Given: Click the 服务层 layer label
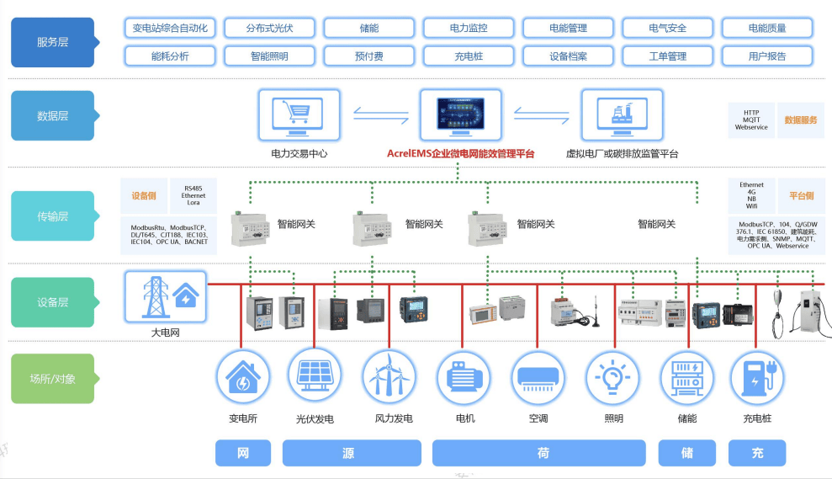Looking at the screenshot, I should (x=52, y=42).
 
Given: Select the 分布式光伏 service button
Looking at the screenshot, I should (x=269, y=28).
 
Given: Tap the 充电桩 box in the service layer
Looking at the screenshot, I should (x=469, y=56).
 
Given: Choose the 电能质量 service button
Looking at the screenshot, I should (x=766, y=28).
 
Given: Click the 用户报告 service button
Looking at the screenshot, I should (x=766, y=56).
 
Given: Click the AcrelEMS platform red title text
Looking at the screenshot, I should (x=460, y=154).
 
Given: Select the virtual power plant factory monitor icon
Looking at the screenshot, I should (x=622, y=116).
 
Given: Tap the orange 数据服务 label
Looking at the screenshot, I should (x=800, y=120).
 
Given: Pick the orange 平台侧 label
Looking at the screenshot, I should (x=800, y=195).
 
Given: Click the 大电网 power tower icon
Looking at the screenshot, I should (x=165, y=296).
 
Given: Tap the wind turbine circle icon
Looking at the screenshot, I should (x=390, y=376).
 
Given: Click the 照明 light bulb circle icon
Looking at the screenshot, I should (x=613, y=376).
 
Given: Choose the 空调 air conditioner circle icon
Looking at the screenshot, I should (x=538, y=376).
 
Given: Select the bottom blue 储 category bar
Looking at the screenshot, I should (x=687, y=453).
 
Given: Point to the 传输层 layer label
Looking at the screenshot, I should (x=52, y=216).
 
